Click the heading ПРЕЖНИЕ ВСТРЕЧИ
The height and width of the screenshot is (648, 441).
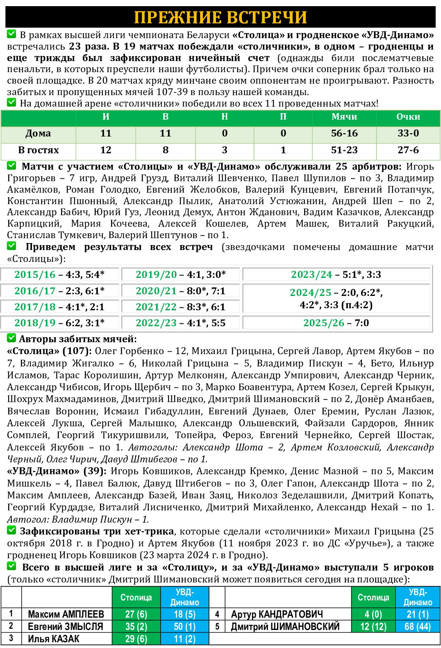coord(220,17)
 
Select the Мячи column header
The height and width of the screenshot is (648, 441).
coord(344,117)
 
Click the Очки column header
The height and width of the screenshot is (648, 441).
coord(408,117)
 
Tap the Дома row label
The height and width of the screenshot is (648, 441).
coord(38,134)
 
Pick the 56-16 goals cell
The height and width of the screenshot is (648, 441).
coord(344,134)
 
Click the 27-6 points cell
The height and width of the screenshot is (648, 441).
coord(408,150)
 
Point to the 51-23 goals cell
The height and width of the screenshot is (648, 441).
coord(344,150)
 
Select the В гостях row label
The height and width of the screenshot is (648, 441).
coord(38,150)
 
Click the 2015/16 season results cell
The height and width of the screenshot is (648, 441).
coord(59,275)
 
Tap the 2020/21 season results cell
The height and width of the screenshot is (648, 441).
coord(180,291)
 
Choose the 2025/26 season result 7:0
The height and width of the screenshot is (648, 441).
coord(336,323)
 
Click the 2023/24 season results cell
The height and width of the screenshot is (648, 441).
coord(336,275)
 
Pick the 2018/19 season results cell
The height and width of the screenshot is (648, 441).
coord(59,323)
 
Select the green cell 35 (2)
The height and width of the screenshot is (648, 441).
coord(136,627)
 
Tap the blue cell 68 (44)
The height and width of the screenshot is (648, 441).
coord(417,627)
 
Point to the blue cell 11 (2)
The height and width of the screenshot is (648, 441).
coord(184,639)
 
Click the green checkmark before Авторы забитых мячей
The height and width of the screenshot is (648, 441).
coord(11,339)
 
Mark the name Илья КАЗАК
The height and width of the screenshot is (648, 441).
coord(53,639)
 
